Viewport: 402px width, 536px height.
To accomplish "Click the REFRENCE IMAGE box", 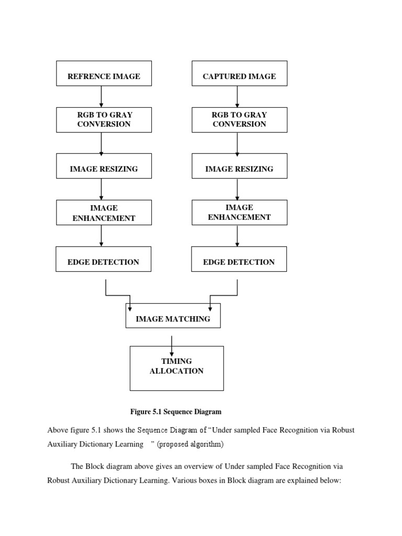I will tap(104, 76).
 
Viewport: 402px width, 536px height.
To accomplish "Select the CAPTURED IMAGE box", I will tap(239, 76).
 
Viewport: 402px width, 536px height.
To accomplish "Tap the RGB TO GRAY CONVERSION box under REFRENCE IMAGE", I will tap(104, 119).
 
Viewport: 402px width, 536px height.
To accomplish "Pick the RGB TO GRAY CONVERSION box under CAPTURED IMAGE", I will tap(239, 119).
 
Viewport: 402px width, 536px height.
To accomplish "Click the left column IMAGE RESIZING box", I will tap(104, 169).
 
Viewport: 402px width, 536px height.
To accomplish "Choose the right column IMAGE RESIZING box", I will tap(239, 169).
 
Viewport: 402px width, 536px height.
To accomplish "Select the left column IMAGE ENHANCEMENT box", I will tap(104, 213).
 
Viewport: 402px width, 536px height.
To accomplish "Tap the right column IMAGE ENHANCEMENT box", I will tap(239, 212).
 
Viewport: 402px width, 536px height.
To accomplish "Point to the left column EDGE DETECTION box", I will tap(104, 262).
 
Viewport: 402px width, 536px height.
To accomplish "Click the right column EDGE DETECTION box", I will tap(239, 262).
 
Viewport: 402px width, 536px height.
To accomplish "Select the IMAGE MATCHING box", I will tap(173, 318).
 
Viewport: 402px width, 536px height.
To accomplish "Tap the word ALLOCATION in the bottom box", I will tap(176, 371).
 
